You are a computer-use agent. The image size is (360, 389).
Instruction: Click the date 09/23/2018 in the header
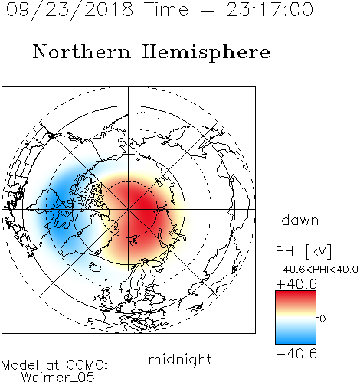point(70,9)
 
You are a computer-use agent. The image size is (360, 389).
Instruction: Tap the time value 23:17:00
point(270,9)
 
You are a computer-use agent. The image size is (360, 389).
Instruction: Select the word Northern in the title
point(82,51)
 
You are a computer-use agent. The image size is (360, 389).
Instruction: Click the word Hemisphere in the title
point(206,52)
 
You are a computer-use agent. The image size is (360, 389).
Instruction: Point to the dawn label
point(300,220)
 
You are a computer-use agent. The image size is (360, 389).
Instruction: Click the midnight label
point(180,359)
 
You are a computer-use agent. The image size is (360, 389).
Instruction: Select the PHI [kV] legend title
point(303,251)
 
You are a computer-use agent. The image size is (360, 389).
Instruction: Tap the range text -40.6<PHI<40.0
point(317,270)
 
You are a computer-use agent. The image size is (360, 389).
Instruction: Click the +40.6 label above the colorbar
point(296,284)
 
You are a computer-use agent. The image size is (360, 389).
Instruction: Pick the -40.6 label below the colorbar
point(296,354)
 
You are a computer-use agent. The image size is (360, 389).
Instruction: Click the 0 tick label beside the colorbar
point(322,319)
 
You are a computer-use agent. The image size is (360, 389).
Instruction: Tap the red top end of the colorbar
point(296,294)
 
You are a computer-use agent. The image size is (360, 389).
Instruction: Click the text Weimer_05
point(58,378)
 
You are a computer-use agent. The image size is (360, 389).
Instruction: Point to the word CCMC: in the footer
point(87,365)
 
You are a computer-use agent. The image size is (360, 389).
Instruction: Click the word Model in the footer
point(20,365)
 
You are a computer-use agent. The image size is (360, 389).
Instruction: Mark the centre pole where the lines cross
point(129,209)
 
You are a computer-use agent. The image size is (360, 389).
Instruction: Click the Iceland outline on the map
point(95,266)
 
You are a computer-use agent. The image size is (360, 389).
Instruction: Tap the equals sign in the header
point(208,10)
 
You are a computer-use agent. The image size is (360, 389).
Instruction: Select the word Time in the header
point(166,9)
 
